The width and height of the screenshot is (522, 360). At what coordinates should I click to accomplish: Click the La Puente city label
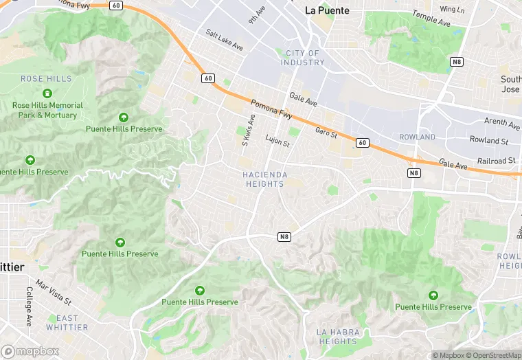point(327,10)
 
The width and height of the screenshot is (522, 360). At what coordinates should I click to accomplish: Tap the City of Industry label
point(302,58)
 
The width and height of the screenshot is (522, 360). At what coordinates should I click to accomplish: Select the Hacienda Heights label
point(264,179)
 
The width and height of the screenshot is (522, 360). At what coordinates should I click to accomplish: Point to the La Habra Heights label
point(337,337)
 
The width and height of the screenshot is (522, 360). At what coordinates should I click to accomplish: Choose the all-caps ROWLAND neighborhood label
point(417,137)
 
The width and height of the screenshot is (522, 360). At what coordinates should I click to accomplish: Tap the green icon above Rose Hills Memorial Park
point(47,93)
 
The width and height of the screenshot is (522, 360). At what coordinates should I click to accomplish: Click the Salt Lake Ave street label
point(225,40)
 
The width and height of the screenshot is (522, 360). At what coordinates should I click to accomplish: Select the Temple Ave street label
point(431,18)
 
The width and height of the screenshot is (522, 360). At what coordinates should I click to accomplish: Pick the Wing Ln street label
point(452,10)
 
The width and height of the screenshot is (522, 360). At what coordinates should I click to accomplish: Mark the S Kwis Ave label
point(247,130)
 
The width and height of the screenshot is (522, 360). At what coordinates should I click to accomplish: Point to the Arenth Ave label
point(502,124)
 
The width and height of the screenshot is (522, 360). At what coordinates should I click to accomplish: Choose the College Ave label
point(30,306)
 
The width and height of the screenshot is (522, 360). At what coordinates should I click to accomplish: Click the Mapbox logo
point(30,351)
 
